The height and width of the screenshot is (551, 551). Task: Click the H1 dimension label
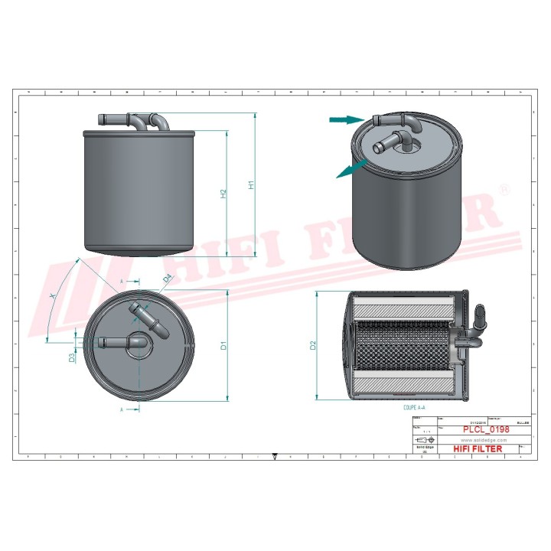coord(249,184)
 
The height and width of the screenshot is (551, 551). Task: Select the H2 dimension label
coord(223,194)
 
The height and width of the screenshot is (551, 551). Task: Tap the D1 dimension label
coord(223,346)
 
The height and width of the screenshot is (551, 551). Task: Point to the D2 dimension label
coord(313,345)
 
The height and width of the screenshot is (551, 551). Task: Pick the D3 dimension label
coord(72,357)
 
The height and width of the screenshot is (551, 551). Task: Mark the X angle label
coord(52,295)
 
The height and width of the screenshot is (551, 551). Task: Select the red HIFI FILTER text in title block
coord(478,449)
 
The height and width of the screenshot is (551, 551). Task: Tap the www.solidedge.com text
coord(478,440)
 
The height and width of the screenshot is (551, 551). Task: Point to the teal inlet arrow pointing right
coord(344,119)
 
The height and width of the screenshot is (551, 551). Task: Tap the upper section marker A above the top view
coord(122,282)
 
